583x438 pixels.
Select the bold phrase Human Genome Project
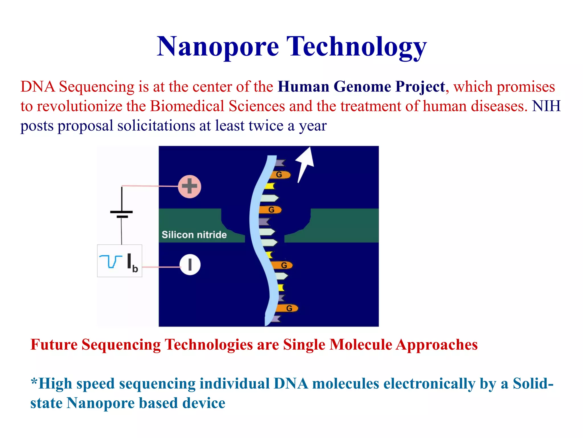click(x=361, y=86)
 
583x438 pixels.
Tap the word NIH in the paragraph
click(x=546, y=106)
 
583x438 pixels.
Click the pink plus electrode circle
click(x=190, y=186)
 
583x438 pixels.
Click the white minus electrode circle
click(x=190, y=265)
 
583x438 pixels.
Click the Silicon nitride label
click(x=194, y=235)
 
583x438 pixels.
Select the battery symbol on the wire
click(x=122, y=214)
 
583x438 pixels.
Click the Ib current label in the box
click(x=132, y=262)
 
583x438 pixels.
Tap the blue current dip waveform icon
click(x=110, y=261)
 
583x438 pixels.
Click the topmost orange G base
click(x=280, y=175)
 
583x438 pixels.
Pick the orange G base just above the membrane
click(x=270, y=210)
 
